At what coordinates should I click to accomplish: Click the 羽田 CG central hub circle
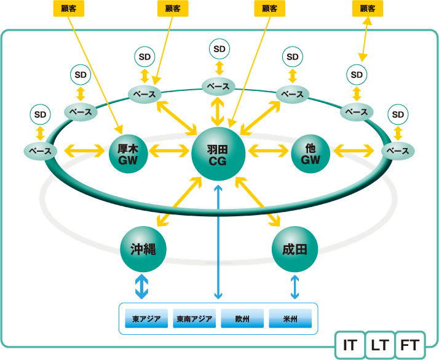218,154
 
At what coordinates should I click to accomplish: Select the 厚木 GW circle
128,154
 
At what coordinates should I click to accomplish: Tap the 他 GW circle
310,154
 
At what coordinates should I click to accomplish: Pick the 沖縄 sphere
143,249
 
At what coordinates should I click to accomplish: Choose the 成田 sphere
295,249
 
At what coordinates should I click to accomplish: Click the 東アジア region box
146,318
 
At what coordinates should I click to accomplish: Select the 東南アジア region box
194,318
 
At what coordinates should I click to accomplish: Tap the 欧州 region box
242,318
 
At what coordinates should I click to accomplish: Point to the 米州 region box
290,318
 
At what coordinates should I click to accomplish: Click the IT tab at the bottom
350,345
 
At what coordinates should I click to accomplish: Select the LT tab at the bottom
380,345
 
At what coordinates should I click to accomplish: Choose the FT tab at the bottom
410,345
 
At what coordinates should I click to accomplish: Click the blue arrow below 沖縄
141,286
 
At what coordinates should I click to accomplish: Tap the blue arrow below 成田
295,287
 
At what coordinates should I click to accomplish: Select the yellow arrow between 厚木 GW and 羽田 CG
169,151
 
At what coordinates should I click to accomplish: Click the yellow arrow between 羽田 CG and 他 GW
268,151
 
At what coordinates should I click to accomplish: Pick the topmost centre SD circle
219,49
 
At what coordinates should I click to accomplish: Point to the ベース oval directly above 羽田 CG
218,87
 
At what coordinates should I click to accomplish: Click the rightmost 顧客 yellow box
367,9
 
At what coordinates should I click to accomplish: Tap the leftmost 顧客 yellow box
69,9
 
